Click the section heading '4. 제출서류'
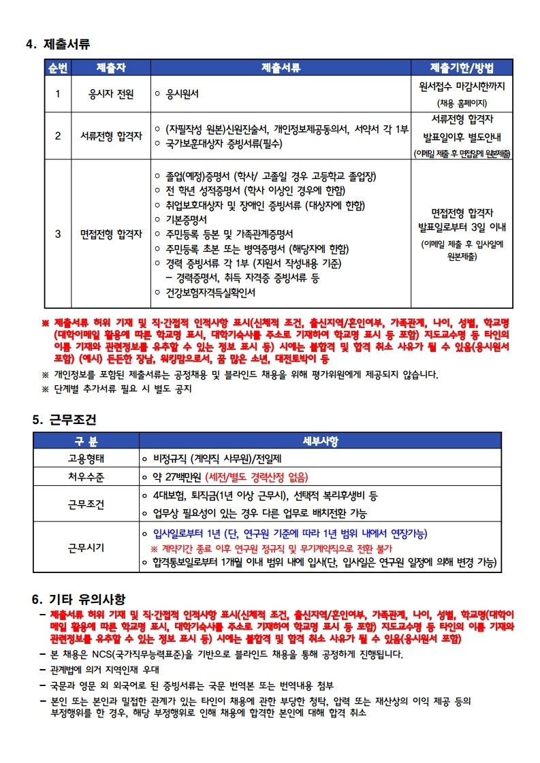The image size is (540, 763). coord(58,44)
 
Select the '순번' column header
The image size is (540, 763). coord(58,67)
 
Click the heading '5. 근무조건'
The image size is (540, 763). coord(65,420)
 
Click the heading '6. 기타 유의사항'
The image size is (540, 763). coord(78,599)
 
